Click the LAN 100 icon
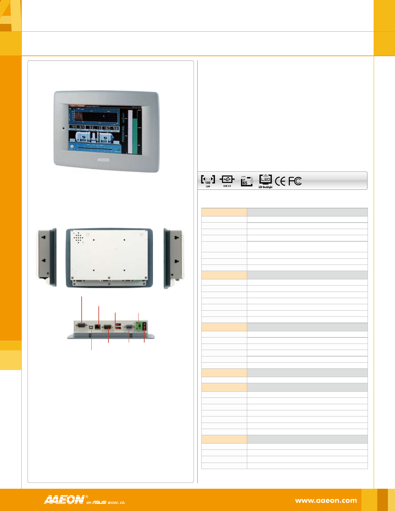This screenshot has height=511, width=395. click(208, 181)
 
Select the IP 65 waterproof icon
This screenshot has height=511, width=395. click(247, 181)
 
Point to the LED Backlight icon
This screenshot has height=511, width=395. click(266, 181)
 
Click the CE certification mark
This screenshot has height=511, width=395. click(280, 181)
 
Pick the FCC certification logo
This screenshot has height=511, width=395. click(295, 181)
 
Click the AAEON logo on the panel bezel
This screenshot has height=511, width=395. click(103, 160)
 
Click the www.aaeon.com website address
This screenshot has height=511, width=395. click(326, 501)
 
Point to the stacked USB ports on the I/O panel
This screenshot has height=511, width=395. click(117, 326)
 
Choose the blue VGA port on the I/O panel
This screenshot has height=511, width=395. click(129, 327)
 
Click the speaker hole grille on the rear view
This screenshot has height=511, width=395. click(78, 237)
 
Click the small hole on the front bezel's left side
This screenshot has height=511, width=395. click(63, 128)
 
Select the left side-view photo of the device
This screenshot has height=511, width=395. click(46, 257)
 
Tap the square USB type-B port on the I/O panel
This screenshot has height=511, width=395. click(91, 327)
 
